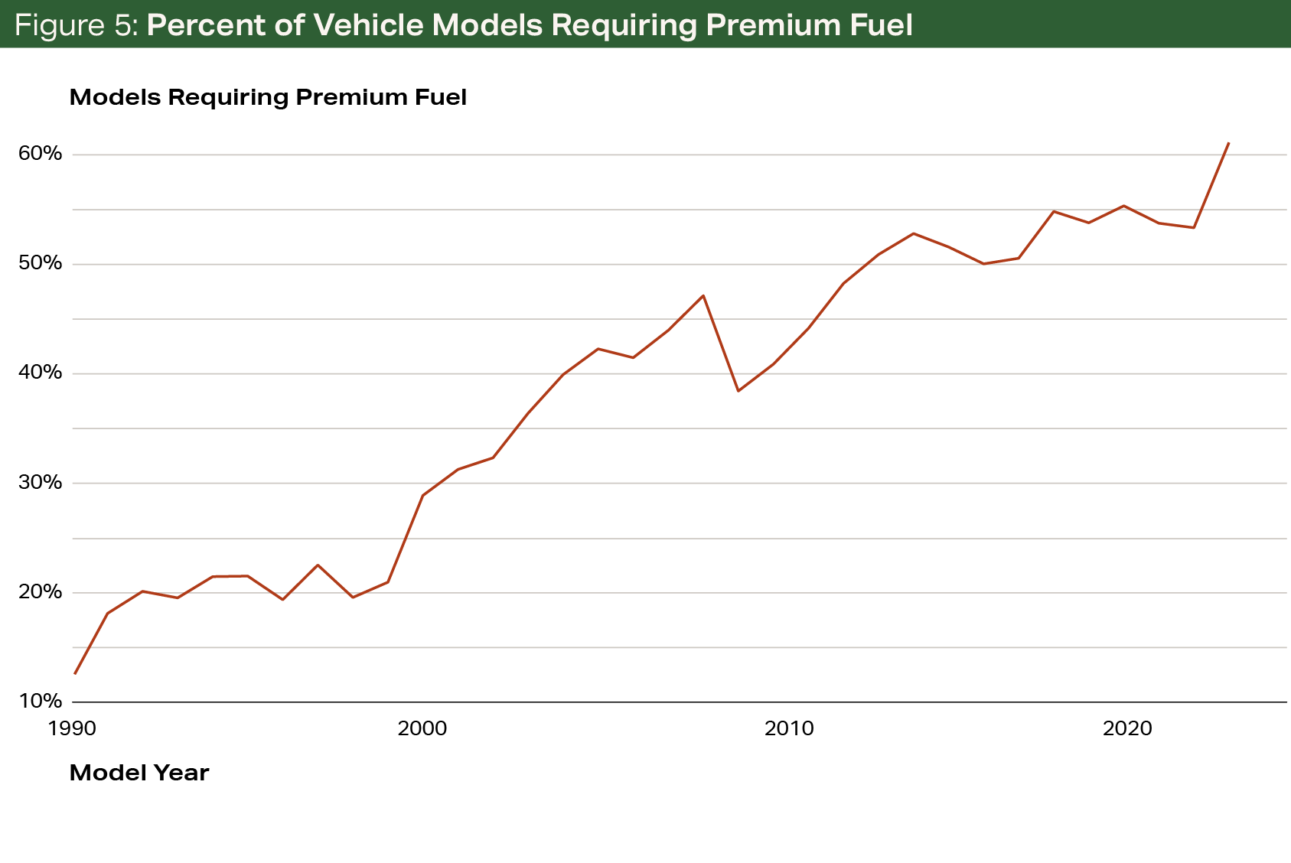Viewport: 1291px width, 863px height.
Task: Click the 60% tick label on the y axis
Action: (40, 154)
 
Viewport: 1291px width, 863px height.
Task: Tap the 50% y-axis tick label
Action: (40, 263)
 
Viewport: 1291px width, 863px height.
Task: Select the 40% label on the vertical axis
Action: (40, 373)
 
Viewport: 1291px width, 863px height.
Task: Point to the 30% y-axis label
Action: (40, 482)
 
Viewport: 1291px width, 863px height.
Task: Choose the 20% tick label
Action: (40, 591)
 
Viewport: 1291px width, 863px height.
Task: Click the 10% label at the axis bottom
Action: (40, 701)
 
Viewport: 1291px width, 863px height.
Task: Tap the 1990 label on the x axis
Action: (72, 728)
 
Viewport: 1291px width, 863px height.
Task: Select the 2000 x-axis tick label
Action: (422, 728)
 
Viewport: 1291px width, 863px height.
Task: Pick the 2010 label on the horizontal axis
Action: (789, 728)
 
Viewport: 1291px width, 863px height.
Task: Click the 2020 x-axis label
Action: (1127, 728)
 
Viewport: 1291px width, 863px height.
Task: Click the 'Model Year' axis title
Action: (139, 773)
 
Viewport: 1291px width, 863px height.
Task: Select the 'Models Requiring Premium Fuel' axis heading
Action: (268, 98)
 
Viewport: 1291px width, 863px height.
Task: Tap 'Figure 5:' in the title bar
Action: (76, 25)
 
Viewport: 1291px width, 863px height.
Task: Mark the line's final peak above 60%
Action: (1228, 143)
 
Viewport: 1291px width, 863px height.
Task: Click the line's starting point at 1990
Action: (75, 674)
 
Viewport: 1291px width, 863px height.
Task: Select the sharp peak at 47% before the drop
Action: (703, 296)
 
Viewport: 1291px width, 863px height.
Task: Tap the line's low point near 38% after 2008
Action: (738, 391)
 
